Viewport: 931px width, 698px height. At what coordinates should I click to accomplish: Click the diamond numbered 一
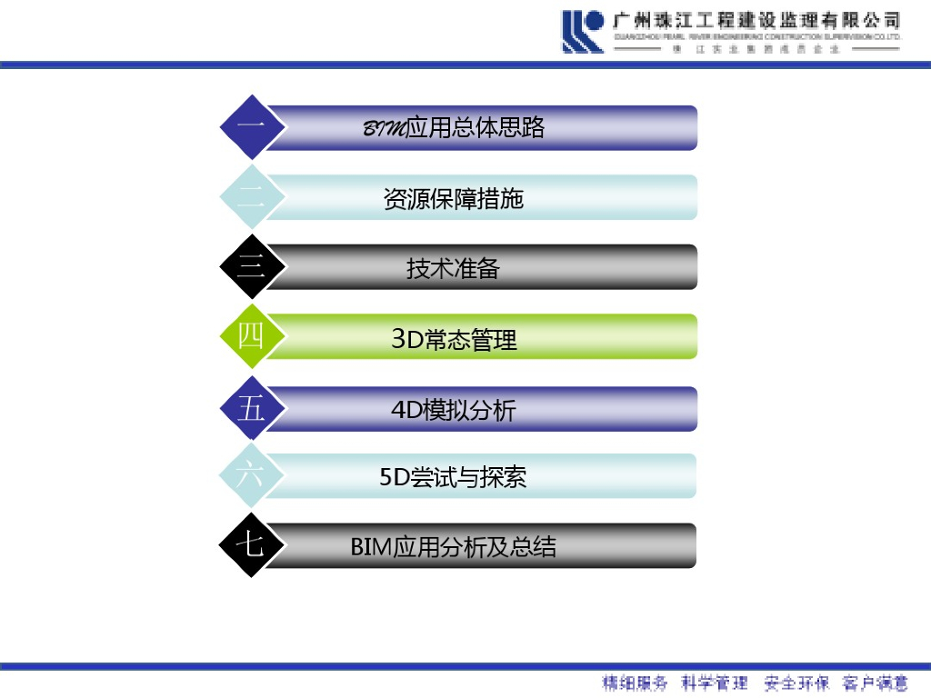[x=251, y=127]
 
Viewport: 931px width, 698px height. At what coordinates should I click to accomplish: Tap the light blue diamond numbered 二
[x=251, y=197]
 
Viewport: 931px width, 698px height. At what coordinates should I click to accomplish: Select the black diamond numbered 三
[x=251, y=266]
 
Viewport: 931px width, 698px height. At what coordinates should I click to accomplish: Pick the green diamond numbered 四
[x=251, y=336]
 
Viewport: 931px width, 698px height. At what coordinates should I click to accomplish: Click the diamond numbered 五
[x=251, y=408]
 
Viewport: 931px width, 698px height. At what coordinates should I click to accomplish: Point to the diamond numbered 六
[x=251, y=475]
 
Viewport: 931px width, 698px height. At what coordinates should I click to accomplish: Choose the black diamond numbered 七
[x=251, y=545]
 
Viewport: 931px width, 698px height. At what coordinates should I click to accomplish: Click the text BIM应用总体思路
[x=454, y=128]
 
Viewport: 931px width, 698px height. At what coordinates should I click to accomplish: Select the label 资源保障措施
[x=454, y=198]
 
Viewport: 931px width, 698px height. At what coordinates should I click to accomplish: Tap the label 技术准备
[x=454, y=268]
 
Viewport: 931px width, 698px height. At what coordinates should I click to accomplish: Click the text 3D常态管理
[x=454, y=340]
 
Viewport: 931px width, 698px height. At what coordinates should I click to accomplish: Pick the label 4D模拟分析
[x=454, y=410]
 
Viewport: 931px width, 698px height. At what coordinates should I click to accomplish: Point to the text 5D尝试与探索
[x=454, y=477]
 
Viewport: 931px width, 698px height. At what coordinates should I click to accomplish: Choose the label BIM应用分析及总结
[x=454, y=547]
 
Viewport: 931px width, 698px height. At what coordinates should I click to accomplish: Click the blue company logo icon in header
[x=583, y=31]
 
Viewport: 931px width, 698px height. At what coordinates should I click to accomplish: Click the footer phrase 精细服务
[x=635, y=683]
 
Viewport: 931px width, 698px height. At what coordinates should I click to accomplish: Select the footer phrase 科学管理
[x=715, y=683]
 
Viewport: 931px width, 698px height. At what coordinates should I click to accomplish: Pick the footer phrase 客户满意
[x=876, y=683]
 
